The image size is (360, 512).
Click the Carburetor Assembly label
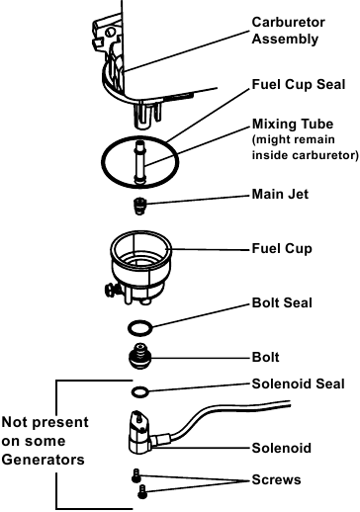(288, 31)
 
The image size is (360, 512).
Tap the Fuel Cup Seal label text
(299, 84)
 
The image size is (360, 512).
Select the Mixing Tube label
(293, 124)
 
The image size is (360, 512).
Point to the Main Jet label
(280, 194)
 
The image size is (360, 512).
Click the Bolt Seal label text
(282, 302)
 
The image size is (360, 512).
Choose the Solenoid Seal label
(298, 384)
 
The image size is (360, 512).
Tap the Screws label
(276, 479)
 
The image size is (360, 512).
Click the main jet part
(140, 207)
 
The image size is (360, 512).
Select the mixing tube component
(139, 162)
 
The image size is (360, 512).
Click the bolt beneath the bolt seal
(139, 357)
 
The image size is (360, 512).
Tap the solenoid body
(139, 432)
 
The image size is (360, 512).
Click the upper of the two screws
(136, 475)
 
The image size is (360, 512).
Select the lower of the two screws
(142, 491)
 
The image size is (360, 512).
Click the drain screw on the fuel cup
(111, 290)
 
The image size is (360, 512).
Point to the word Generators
(44, 460)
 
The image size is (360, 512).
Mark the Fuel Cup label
(282, 248)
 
